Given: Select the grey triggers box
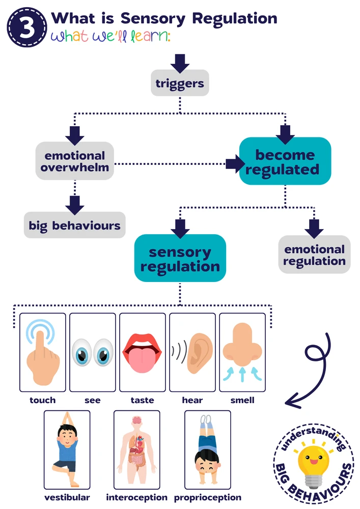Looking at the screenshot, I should coord(180,82).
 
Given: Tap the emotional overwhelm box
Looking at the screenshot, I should coord(74,161).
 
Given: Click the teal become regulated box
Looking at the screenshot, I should coord(285,161).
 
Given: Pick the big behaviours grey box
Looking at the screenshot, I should coord(74,225).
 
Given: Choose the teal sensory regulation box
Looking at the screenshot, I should coord(180,259).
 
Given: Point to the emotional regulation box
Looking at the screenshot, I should coord(314,255).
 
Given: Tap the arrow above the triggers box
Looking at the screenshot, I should coord(180,63).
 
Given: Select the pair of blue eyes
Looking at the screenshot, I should coord(93,352).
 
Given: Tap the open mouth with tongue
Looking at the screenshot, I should coord(143,352).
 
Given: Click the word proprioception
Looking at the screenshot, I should coord(208,497).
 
